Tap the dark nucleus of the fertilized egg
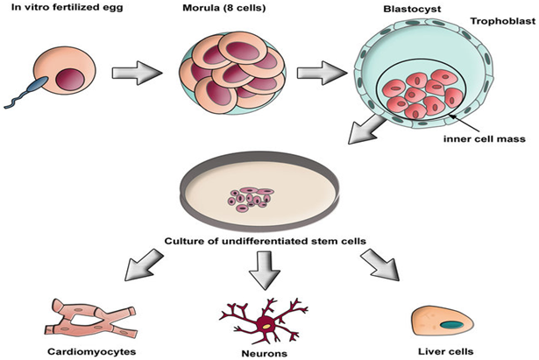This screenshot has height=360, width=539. (x=70, y=80)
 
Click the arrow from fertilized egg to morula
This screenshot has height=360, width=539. (x=137, y=73)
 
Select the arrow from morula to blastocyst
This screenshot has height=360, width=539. (x=322, y=73)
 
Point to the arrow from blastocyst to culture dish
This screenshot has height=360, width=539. (x=366, y=131)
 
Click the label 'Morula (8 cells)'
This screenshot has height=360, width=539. (x=224, y=8)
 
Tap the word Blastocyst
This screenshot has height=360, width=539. (x=412, y=9)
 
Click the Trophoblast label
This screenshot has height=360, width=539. (x=503, y=21)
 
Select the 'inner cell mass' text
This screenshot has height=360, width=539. (x=485, y=139)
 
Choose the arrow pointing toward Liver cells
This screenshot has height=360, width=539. (x=380, y=265)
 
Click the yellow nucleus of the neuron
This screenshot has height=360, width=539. (x=266, y=327)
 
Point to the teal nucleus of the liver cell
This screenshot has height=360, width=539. (x=451, y=325)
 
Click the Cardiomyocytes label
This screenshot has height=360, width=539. (x=91, y=352)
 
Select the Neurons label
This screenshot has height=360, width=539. (x=265, y=354)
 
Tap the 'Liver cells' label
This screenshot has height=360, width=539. (x=446, y=351)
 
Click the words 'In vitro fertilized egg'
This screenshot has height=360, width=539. (x=67, y=7)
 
